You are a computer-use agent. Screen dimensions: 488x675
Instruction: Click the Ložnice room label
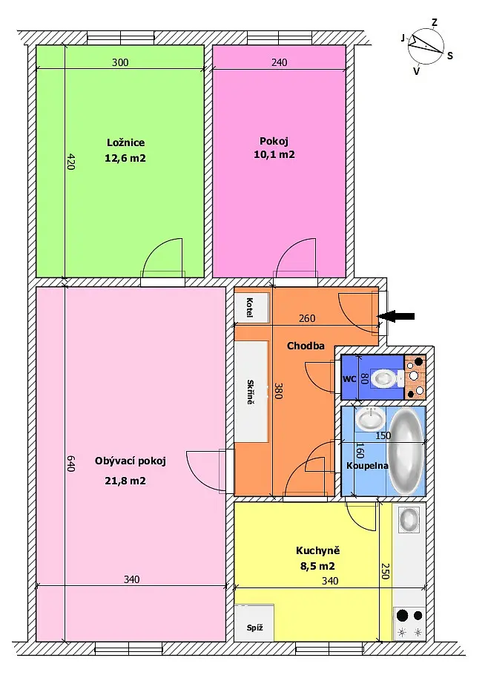[x=125, y=142]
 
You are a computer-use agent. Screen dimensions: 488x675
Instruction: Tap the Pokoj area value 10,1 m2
[x=274, y=154]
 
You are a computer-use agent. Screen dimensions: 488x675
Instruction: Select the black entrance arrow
[x=396, y=317]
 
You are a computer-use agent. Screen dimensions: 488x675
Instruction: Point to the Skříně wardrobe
[x=251, y=392]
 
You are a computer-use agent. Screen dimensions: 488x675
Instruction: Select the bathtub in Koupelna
[x=406, y=452]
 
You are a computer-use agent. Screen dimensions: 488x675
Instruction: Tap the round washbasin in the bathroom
[x=370, y=419]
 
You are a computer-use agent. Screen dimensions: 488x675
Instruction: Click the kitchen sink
[x=409, y=519]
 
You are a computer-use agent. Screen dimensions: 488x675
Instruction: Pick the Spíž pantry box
[x=254, y=623]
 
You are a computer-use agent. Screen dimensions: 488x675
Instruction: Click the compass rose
[x=426, y=46]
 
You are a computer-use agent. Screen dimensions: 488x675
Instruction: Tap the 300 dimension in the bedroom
[x=120, y=62]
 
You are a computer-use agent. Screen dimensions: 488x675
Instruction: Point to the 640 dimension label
[x=70, y=464]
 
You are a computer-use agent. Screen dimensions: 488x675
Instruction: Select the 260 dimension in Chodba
[x=307, y=318]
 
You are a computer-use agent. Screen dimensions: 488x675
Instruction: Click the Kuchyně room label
[x=317, y=550]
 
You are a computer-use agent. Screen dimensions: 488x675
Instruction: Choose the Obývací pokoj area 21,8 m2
[x=125, y=481]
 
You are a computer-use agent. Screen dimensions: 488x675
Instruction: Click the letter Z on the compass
[x=435, y=22]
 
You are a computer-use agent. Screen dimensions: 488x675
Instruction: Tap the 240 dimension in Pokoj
[x=279, y=62]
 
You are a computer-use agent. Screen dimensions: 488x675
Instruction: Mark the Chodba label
[x=306, y=346]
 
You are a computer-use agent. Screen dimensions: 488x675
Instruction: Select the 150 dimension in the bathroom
[x=383, y=435]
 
